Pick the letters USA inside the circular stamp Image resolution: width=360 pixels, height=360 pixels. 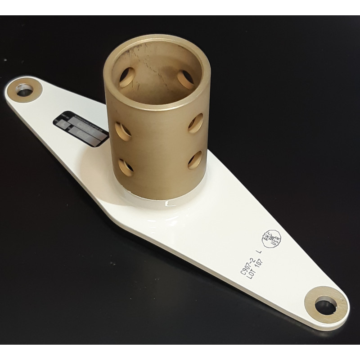[x=275, y=237]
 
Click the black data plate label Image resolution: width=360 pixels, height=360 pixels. [x=81, y=128]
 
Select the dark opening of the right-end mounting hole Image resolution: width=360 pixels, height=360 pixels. [x=325, y=306]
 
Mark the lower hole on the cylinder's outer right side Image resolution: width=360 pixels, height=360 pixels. [x=195, y=160]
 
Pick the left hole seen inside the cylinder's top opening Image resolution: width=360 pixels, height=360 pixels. [x=127, y=77]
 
